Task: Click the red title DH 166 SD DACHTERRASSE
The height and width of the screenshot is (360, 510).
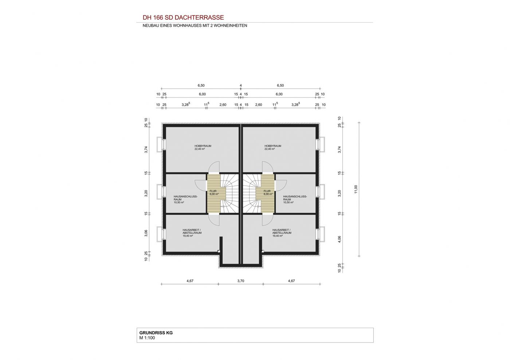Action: (183, 17)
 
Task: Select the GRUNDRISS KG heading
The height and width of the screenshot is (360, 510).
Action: (156, 333)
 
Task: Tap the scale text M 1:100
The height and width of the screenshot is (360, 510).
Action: (147, 338)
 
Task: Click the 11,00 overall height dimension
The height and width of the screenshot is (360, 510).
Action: (356, 189)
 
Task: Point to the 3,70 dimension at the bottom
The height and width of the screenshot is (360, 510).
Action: (241, 281)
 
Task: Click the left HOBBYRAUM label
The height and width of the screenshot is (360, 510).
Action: (203, 146)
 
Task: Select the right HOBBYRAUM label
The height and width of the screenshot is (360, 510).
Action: (273, 146)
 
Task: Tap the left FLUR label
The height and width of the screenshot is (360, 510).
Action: (213, 191)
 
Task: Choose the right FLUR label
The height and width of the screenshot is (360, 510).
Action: (267, 191)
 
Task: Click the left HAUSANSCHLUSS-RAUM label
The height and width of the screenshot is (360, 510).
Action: (185, 198)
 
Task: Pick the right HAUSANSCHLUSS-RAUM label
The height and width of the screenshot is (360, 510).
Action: (295, 198)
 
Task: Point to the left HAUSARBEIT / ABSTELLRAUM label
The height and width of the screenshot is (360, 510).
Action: (192, 232)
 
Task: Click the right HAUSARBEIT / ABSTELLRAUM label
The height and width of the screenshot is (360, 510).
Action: (282, 232)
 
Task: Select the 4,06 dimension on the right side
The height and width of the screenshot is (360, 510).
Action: (339, 239)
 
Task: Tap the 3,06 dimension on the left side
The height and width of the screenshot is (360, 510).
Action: (146, 233)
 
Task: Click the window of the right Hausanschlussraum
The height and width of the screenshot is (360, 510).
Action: (320, 191)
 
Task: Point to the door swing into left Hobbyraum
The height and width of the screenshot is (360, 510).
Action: (214, 167)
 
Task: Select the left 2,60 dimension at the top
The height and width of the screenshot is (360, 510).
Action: (223, 105)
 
